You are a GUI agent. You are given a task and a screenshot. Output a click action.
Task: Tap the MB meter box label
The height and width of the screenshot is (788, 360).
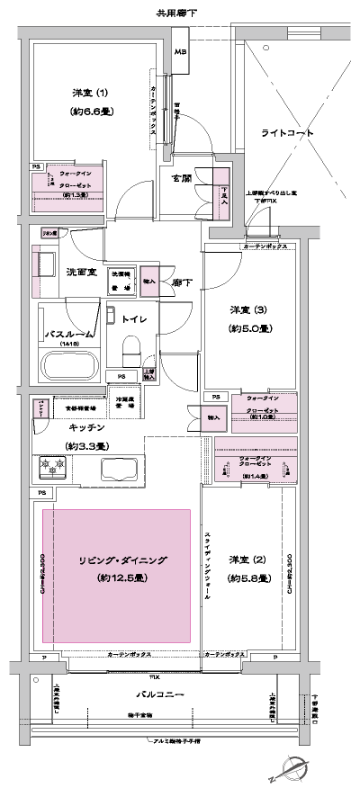click(x=180, y=54)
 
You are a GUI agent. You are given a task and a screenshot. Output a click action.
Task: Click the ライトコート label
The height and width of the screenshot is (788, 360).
click(x=287, y=132)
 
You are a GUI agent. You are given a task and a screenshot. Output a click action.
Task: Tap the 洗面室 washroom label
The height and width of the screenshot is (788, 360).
click(x=81, y=272)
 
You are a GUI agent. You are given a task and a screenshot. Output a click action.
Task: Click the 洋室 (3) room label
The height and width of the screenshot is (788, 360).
click(x=239, y=312)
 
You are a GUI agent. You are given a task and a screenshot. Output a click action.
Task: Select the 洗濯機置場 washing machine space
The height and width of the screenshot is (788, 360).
click(x=124, y=278)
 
